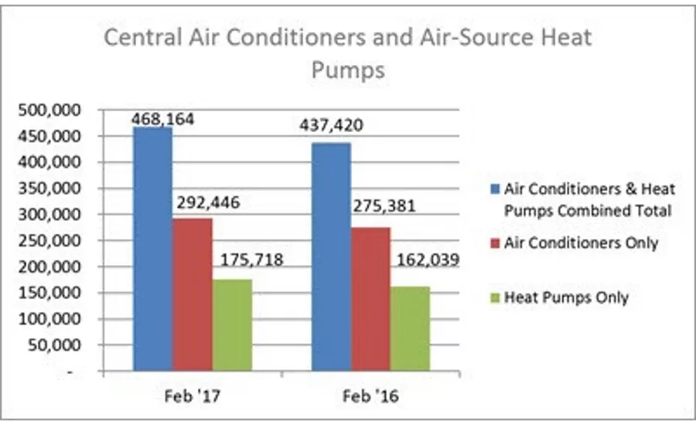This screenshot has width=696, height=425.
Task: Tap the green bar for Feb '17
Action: [232, 325]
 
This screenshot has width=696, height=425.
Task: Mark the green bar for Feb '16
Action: [410, 329]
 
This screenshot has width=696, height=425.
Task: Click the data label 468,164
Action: [163, 119]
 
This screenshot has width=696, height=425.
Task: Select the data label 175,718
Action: [254, 260]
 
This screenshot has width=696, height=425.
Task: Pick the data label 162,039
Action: [430, 260]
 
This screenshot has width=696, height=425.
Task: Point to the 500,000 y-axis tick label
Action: [48, 110]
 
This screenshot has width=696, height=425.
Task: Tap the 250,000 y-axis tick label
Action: [48, 241]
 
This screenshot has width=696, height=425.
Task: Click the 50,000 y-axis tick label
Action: [53, 345]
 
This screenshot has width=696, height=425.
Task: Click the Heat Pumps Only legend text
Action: [566, 297]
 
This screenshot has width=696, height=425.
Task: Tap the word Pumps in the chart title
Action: [347, 71]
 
